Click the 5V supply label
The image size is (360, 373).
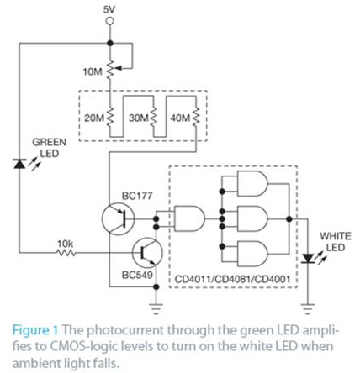(x=109, y=9)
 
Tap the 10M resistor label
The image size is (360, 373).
(x=93, y=73)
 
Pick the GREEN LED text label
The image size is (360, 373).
(x=46, y=149)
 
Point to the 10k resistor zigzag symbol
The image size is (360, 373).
(x=66, y=251)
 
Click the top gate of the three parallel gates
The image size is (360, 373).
(x=248, y=186)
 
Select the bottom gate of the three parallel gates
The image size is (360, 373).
(x=248, y=253)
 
